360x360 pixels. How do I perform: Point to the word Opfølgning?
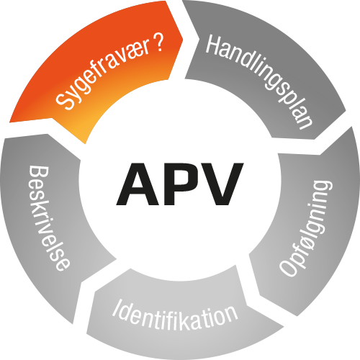click(307, 228)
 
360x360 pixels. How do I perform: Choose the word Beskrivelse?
click(50, 218)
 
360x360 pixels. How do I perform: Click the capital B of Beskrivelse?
click(39, 174)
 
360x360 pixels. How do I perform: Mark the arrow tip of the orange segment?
click(183, 39)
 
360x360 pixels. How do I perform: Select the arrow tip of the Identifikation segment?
click(87, 333)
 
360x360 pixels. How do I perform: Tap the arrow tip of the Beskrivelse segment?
click(5, 138)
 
